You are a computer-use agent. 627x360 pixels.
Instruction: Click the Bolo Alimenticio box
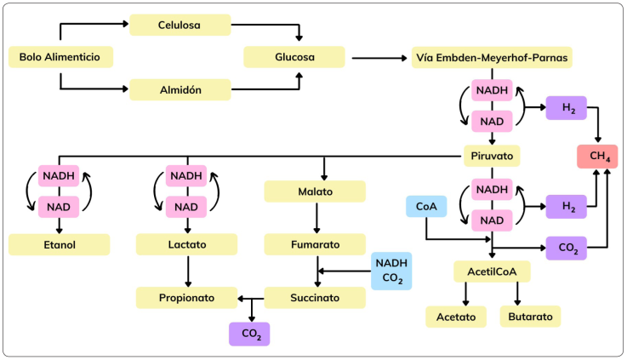pos(60,57)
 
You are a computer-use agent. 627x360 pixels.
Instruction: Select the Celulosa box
pos(180,25)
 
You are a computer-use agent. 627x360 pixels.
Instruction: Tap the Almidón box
pos(180,89)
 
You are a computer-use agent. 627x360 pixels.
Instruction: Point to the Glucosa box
pos(294,57)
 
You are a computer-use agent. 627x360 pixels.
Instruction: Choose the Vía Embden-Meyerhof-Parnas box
pos(492,57)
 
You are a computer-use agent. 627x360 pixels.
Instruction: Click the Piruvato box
pos(492,156)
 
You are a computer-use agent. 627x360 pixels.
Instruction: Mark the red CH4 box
pos(597,156)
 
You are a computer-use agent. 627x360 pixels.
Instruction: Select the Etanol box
pos(60,245)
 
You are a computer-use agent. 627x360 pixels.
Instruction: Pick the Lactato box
pos(187,245)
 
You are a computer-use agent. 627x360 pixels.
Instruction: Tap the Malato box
pos(316,191)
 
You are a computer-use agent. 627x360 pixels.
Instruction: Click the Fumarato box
pos(316,245)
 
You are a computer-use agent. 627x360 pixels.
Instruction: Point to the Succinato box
pos(316,298)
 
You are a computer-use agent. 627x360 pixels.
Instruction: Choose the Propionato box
pos(187,298)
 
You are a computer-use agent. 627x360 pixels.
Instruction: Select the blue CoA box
pos(425,207)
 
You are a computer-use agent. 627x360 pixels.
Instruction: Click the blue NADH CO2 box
pos(391,271)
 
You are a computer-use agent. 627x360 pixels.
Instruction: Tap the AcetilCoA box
pos(492,272)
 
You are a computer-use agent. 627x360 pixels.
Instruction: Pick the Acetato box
pos(456,317)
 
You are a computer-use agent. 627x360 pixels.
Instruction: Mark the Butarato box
pos(530,317)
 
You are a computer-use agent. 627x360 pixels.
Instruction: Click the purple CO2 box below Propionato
pos(249,334)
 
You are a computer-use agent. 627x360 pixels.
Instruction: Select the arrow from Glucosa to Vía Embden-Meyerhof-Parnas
pos(378,58)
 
